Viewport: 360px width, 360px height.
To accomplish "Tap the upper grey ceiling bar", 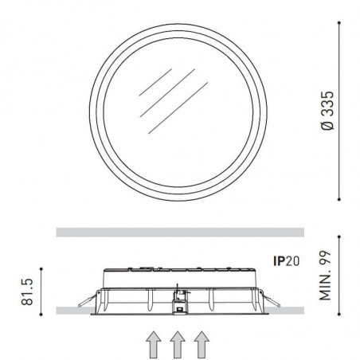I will click(x=179, y=232).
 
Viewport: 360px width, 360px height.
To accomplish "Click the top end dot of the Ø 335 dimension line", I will click(x=341, y=23).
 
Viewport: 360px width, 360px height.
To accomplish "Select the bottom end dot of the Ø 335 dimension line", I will click(x=341, y=200).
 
